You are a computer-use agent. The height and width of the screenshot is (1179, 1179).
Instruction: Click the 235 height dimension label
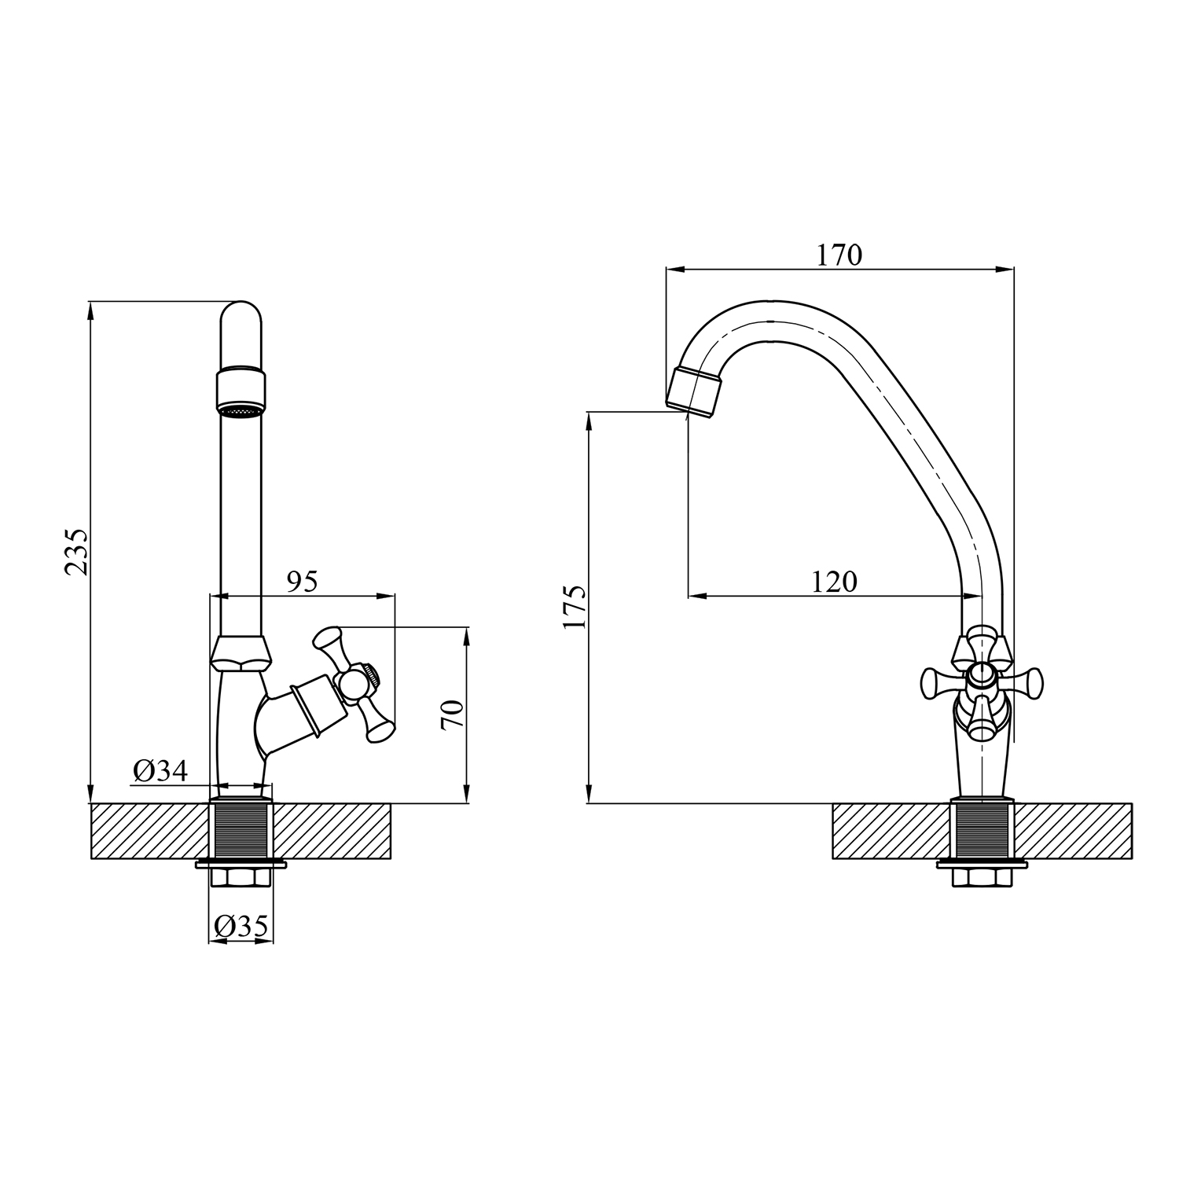(77, 553)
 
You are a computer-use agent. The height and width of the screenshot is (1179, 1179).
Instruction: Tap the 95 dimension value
(302, 582)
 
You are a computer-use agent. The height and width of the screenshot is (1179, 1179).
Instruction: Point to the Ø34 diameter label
(160, 771)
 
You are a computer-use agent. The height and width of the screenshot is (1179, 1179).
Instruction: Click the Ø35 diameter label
(241, 927)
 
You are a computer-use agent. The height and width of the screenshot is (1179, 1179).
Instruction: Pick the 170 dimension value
(839, 255)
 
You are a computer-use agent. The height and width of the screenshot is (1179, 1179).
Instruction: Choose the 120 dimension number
(834, 582)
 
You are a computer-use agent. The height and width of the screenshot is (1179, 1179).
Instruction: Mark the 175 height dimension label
(575, 607)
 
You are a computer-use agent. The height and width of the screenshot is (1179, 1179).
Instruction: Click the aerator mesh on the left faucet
(241, 411)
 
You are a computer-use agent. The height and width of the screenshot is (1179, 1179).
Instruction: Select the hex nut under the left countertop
(241, 876)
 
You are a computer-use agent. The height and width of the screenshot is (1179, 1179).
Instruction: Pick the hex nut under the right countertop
(982, 876)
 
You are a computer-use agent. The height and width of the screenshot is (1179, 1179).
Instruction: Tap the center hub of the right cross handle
(982, 673)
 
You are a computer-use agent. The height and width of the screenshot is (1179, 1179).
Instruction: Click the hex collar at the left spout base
(241, 652)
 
